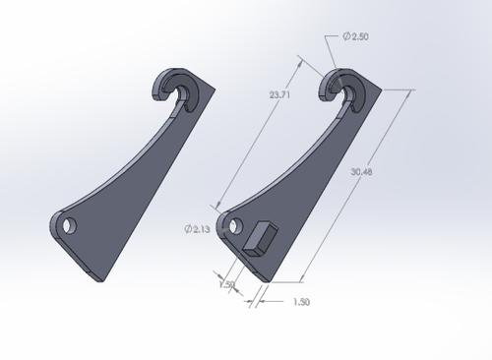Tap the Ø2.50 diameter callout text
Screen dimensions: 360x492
tap(356, 36)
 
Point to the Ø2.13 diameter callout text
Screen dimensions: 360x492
tap(197, 229)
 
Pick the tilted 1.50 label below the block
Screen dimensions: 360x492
tap(226, 284)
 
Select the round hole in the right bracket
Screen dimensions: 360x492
tap(235, 225)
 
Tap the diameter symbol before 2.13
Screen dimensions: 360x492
tap(188, 229)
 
